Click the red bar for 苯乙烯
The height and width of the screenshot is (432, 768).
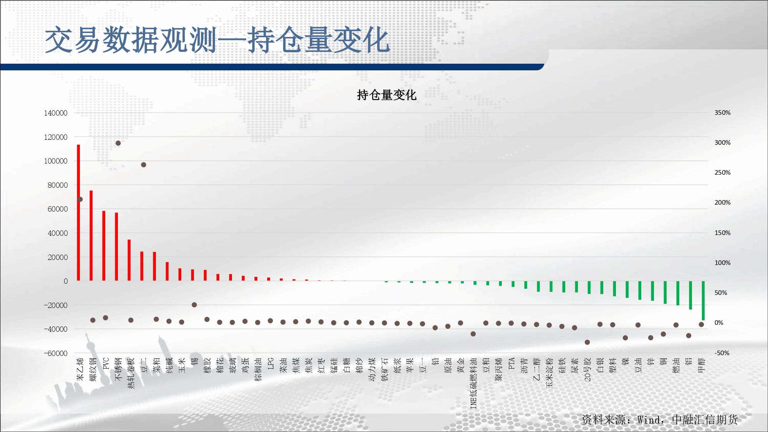[x=78, y=213]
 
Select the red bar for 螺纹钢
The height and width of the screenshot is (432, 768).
[x=91, y=236]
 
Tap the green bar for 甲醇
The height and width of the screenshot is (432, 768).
[x=703, y=301]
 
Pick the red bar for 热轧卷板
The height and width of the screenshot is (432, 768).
[x=129, y=260]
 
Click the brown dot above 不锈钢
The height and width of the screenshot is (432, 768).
[x=118, y=143]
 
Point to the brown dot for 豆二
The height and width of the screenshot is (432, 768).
[x=144, y=165]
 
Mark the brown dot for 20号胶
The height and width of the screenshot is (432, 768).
[x=587, y=342]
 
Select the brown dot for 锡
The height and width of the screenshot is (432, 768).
[x=194, y=305]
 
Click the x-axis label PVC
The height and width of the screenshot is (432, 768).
[x=106, y=363]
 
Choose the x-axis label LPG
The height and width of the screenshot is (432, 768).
[x=271, y=364]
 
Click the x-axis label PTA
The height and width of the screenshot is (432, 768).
[x=511, y=364]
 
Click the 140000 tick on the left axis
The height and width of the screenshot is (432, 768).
[x=56, y=113]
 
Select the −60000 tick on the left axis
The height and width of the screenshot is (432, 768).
[x=56, y=353]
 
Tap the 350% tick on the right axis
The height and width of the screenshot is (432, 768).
[x=722, y=113]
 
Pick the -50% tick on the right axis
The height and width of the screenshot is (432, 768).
[x=722, y=353]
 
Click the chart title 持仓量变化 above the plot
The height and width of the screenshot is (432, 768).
[x=387, y=95]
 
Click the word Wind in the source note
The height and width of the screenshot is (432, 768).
[x=649, y=420]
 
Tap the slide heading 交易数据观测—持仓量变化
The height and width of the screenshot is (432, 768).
[x=217, y=40]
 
